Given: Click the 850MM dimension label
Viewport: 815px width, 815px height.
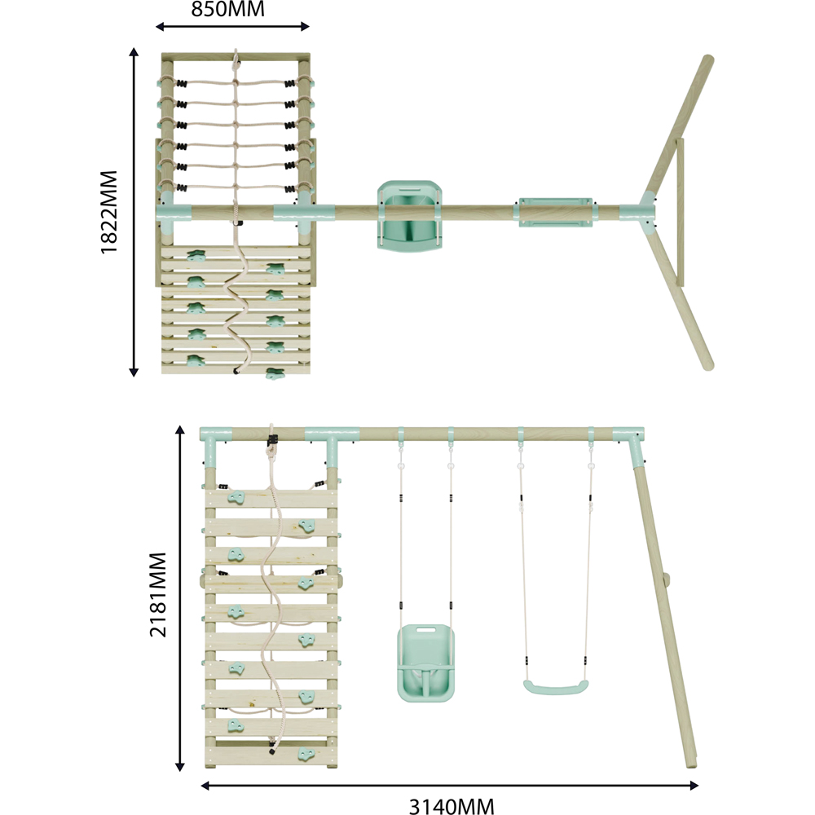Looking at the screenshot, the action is [227, 9].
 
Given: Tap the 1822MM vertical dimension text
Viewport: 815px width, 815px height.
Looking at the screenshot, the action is [109, 212].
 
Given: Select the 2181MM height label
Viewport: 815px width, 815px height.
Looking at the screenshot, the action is [158, 595].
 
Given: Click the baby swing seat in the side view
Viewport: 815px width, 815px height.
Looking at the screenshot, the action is [425, 663].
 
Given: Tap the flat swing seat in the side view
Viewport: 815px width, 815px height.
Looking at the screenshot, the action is [556, 687].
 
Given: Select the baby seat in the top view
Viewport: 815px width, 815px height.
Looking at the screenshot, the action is [410, 214].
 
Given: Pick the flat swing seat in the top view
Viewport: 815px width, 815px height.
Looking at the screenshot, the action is [555, 212].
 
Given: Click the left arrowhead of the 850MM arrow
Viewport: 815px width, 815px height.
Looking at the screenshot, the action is [160, 27].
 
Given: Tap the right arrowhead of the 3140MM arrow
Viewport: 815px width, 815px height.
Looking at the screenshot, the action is [694, 786].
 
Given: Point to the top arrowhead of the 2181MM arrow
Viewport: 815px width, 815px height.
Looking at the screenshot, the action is [180, 430].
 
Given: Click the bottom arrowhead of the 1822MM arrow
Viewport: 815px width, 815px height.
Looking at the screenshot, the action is [134, 372].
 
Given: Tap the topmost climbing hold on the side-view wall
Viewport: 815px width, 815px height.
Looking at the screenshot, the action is [236, 498].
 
